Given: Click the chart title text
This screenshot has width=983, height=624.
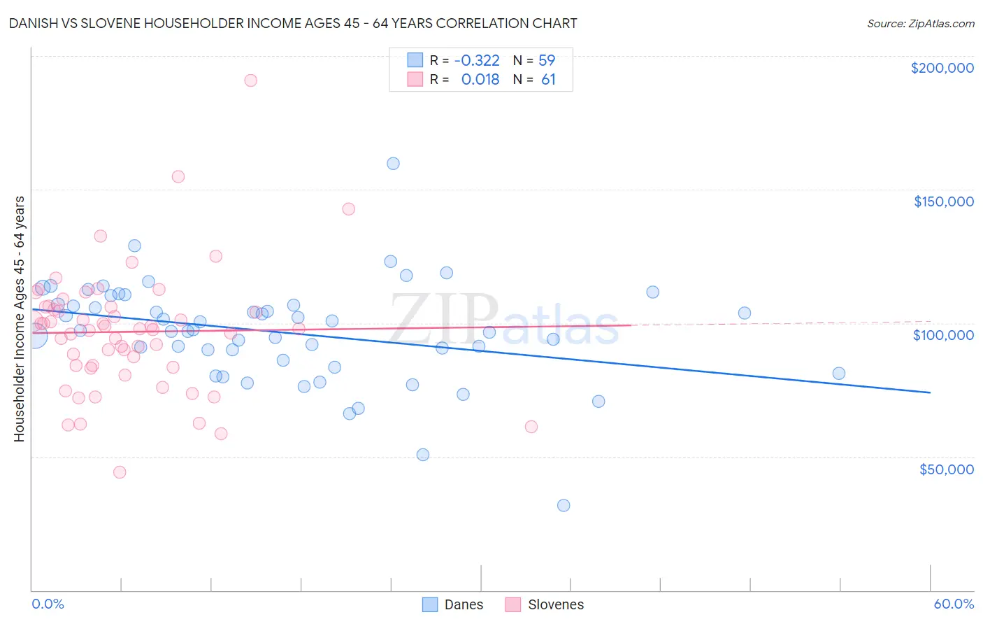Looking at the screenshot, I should (x=293, y=23).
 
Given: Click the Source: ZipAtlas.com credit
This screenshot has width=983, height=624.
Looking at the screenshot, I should (x=920, y=24).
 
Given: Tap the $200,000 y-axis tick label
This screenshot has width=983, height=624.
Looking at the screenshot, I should (x=942, y=68).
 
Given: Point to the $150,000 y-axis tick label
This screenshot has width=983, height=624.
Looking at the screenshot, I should (x=943, y=201).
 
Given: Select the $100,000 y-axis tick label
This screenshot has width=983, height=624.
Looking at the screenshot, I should (x=943, y=335).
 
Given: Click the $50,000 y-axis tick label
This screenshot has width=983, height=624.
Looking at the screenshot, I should (x=946, y=469).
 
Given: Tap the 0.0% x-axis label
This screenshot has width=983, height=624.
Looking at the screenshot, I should (x=48, y=604).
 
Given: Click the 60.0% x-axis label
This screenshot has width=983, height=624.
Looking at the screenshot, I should (x=954, y=604).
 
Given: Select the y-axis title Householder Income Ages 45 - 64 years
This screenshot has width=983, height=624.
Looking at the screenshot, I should (x=20, y=319).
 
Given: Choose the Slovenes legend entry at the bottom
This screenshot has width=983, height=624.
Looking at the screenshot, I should (x=545, y=604).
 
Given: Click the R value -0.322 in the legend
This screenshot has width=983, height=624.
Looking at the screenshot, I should (x=477, y=61).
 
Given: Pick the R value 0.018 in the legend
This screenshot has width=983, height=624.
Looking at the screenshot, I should (x=480, y=80).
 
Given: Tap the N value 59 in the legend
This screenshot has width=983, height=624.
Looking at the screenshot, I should (x=547, y=61).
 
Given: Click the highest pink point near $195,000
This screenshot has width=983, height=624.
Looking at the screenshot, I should (x=250, y=80).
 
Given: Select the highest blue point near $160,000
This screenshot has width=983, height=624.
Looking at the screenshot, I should (x=393, y=164).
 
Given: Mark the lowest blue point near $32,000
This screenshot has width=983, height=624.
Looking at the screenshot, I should (x=564, y=505).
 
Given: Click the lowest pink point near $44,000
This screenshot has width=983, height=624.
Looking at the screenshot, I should (x=120, y=472).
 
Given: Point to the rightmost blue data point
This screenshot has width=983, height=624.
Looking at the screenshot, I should (x=839, y=374).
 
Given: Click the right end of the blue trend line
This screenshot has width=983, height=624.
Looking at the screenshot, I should (x=930, y=392).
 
